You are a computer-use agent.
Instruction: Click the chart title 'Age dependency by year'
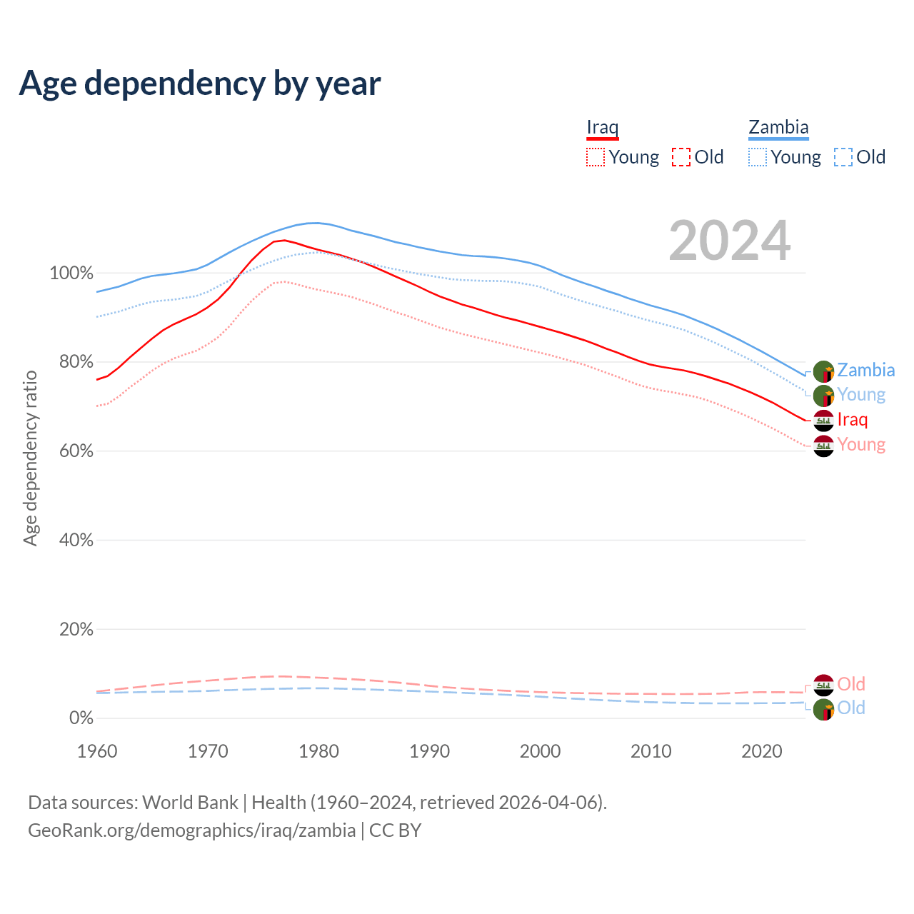(200, 84)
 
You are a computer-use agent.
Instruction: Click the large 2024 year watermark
(729, 241)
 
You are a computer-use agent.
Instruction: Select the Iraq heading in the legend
(602, 128)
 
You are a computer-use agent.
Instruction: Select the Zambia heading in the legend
(778, 128)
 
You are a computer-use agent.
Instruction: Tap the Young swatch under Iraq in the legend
(595, 157)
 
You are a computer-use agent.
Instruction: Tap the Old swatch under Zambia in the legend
(843, 157)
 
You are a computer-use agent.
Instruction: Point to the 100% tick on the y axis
(71, 273)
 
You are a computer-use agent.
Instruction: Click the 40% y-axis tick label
(76, 541)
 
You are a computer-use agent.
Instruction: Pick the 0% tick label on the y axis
(81, 718)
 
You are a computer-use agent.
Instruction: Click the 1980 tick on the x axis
(318, 751)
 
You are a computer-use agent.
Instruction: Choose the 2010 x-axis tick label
(651, 751)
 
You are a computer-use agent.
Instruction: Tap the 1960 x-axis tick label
(97, 751)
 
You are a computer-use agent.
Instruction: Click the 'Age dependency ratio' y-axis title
(30, 458)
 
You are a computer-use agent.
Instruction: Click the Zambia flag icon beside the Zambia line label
(823, 371)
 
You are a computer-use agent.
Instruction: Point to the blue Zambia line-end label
(865, 370)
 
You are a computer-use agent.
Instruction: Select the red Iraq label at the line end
(853, 419)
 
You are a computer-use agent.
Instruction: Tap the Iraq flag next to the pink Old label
(823, 685)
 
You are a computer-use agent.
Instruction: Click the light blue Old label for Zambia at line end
(851, 708)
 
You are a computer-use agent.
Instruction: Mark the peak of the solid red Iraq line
(284, 240)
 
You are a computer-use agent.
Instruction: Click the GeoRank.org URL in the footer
(191, 830)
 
